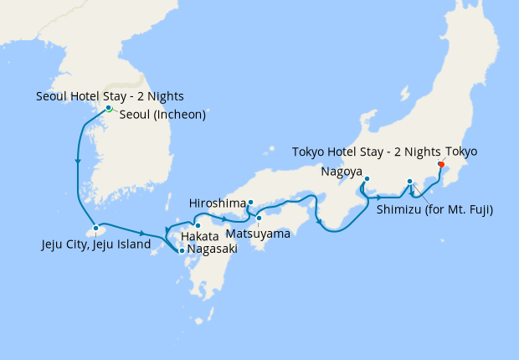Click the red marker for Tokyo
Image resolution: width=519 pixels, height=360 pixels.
(x=441, y=164)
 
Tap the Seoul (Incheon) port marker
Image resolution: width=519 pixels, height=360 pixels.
(x=109, y=108)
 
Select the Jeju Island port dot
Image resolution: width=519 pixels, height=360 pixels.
(x=96, y=228)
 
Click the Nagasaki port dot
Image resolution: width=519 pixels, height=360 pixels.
(x=182, y=250)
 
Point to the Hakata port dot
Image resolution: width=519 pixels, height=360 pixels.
(x=198, y=225)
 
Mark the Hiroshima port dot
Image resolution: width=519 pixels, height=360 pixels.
(x=250, y=202)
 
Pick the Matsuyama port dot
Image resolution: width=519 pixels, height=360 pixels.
(x=259, y=219)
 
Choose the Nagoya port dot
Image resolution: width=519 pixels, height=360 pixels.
(x=367, y=178)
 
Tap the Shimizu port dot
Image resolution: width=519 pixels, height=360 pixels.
(x=409, y=182)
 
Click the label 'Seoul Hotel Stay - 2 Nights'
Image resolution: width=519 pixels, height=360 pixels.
(x=110, y=95)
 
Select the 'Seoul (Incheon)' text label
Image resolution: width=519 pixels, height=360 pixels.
(x=162, y=115)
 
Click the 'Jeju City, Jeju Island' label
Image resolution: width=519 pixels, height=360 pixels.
(x=95, y=245)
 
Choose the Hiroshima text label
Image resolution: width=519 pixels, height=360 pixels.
(x=218, y=203)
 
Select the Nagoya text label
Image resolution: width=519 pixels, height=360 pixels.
(x=341, y=172)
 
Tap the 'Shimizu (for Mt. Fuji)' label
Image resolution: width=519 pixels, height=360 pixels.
(x=434, y=209)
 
